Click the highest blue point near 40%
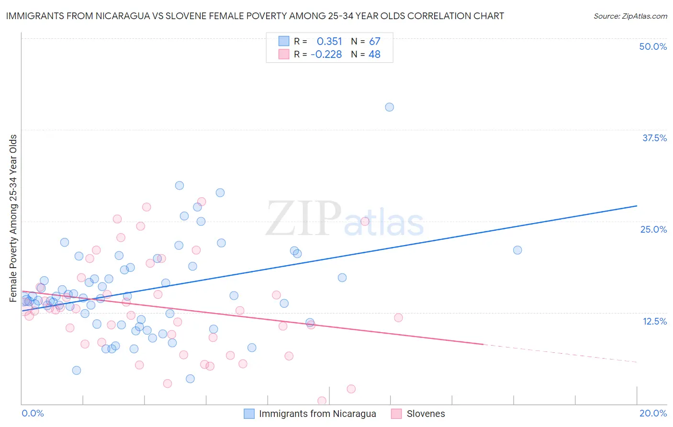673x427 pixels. [x=389, y=107]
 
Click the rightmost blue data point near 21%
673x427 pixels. [x=517, y=250]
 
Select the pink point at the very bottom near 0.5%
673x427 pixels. [x=322, y=401]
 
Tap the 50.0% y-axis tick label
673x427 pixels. [x=653, y=46]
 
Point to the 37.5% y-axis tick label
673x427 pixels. [x=654, y=138]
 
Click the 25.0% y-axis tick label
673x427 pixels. [x=653, y=229]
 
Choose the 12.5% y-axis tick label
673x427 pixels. [x=654, y=321]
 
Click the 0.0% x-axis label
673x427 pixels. [x=33, y=413]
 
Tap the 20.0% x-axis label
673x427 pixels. [x=653, y=413]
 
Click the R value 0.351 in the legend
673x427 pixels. [x=329, y=42]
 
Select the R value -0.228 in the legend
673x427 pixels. [x=326, y=55]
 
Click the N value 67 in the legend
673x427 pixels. [x=374, y=42]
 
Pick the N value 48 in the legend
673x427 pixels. [x=374, y=55]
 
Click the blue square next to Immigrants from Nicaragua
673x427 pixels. [x=249, y=414]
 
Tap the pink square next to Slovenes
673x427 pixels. [x=396, y=414]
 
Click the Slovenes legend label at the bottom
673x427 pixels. [x=426, y=414]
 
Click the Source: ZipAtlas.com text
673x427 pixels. [x=630, y=16]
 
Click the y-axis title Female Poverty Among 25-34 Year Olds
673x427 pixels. [x=13, y=218]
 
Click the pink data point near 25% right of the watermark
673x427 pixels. [x=365, y=221]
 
